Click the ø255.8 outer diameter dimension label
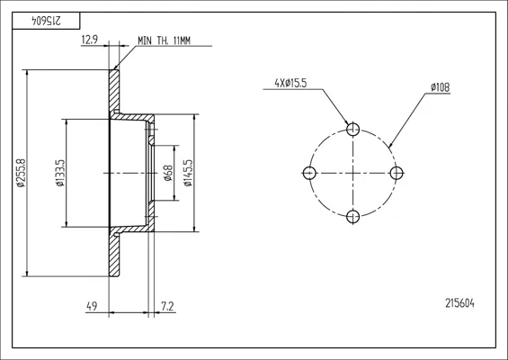[21, 173]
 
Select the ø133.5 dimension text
[60, 173]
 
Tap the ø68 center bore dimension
[168, 173]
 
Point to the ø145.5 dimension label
[188, 173]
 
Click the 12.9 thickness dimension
[89, 40]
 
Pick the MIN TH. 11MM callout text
[164, 40]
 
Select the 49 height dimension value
[92, 306]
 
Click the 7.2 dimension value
[167, 306]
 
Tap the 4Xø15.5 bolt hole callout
[290, 84]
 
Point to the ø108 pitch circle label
[441, 87]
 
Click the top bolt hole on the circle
[352, 130]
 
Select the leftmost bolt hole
[309, 173]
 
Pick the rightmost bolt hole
[397, 173]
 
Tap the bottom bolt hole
[352, 217]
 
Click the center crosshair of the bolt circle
[352, 173]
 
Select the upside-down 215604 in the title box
[46, 21]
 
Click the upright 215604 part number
[459, 303]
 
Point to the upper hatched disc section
[114, 92]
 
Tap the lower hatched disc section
[114, 254]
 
